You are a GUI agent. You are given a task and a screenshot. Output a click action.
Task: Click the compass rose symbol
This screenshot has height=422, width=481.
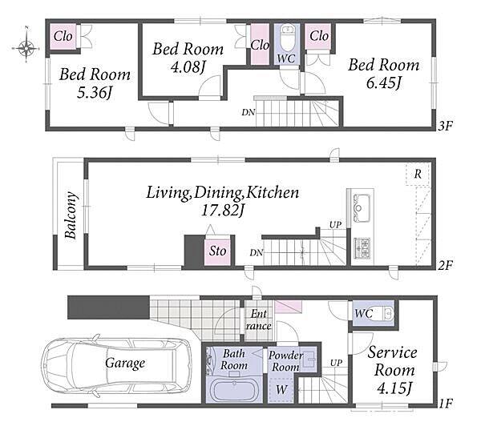(26, 47)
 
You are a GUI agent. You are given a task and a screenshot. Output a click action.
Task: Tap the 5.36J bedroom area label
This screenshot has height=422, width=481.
(94, 92)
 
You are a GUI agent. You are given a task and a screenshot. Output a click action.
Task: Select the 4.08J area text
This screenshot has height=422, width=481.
(188, 66)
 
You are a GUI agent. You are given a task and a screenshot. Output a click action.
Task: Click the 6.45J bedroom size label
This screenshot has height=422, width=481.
(384, 82)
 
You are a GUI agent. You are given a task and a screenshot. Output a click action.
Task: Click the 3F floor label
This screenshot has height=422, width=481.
(445, 126)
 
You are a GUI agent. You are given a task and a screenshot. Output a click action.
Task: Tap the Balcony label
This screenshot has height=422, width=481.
(71, 215)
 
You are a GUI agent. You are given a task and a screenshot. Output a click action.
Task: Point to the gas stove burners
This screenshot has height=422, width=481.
(363, 248)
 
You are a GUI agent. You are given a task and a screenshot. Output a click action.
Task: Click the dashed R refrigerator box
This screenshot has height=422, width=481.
(418, 174)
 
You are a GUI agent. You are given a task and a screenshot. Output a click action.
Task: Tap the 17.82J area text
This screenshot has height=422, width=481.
(222, 211)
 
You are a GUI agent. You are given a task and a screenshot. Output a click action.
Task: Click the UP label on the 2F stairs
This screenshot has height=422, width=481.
(335, 225)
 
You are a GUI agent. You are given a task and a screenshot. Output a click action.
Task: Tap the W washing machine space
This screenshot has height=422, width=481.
(281, 389)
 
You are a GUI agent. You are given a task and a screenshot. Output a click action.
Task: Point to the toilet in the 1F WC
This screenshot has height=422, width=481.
(383, 313)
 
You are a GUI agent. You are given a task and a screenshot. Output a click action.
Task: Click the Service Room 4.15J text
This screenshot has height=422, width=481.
(393, 370)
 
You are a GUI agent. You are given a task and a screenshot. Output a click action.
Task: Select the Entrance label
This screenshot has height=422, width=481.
(259, 320)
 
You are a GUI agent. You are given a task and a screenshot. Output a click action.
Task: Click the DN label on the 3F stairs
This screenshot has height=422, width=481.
(249, 112)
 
